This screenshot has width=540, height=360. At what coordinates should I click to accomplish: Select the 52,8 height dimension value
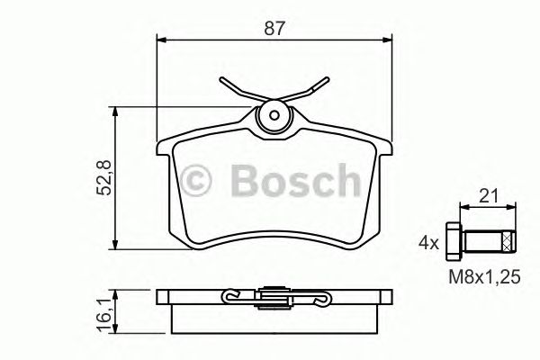click(104, 178)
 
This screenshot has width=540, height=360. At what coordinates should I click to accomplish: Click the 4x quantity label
click(428, 242)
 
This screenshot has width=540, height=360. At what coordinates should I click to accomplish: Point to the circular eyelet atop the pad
click(273, 117)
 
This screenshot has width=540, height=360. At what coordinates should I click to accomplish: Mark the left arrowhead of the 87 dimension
click(162, 39)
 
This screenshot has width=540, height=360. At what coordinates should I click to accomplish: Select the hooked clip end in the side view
click(231, 294)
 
